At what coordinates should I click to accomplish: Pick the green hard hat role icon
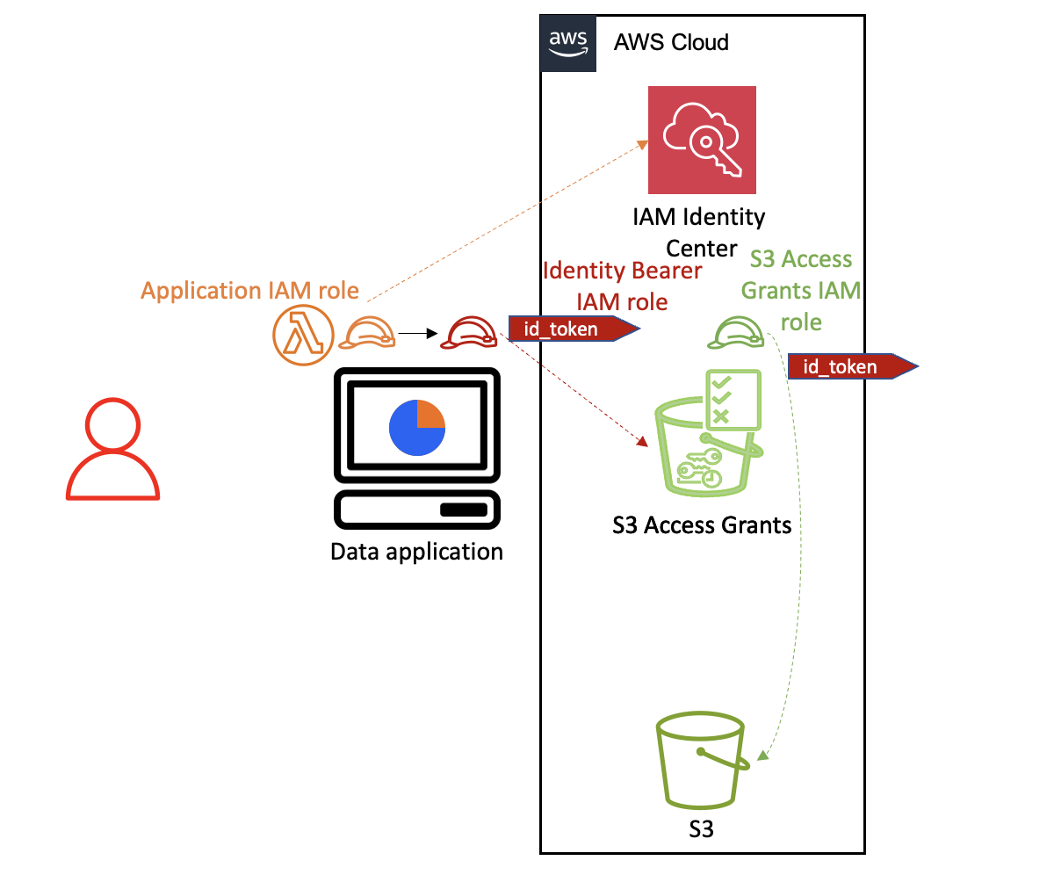(738, 331)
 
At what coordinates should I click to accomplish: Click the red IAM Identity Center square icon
(702, 140)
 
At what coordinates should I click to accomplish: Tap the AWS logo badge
(567, 43)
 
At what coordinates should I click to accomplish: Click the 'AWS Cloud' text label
(671, 42)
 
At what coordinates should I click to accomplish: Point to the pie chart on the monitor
(417, 427)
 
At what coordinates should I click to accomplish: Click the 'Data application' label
(416, 552)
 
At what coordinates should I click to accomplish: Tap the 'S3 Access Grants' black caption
(702, 525)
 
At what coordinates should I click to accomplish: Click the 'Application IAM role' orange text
(250, 291)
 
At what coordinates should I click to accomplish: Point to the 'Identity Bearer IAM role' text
(622, 286)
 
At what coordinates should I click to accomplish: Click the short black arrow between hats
(417, 334)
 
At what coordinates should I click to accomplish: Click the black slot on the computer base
(463, 510)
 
